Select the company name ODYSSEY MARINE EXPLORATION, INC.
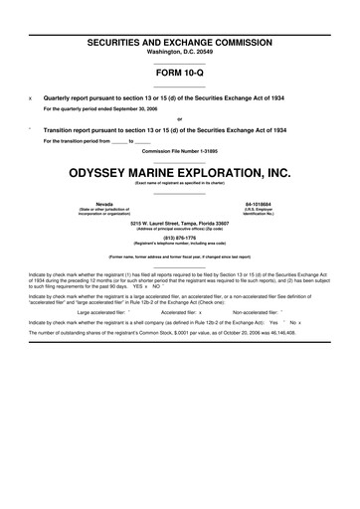180,172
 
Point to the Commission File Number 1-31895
180,151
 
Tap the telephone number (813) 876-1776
180,238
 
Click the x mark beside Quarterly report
31,97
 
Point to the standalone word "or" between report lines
180,119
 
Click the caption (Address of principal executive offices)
180,230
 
